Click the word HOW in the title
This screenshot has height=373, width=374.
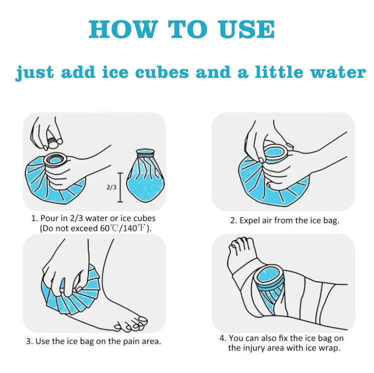tap(123, 29)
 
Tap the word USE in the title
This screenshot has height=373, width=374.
tap(247, 29)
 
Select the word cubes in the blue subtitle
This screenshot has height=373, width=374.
tap(162, 72)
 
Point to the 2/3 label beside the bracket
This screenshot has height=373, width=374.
tap(111, 187)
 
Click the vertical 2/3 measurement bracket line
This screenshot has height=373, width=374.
tap(120, 187)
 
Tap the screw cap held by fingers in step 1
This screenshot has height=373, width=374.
tap(54, 142)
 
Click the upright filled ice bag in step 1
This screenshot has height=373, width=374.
tap(146, 176)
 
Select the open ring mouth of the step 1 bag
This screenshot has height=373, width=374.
tap(56, 160)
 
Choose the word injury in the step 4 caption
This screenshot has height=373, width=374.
tap(254, 348)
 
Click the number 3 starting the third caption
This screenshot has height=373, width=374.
tap(28, 341)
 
